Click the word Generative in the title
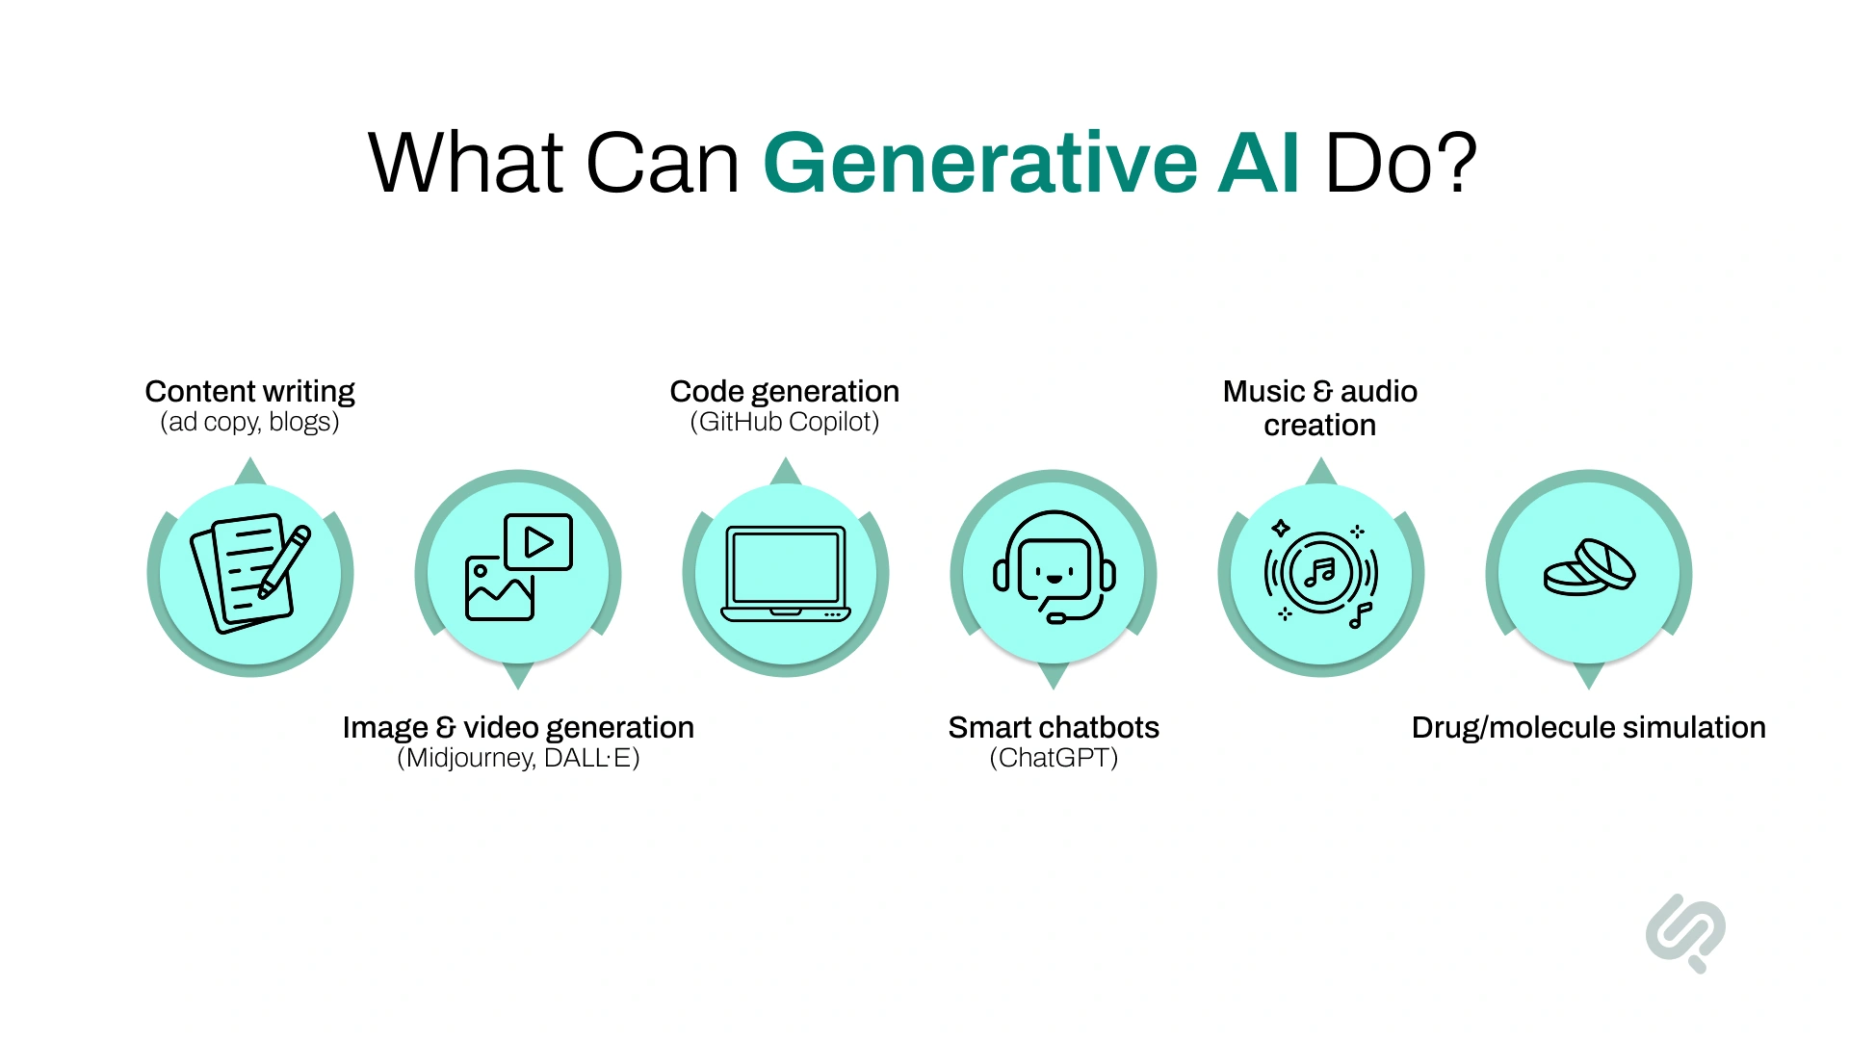979,164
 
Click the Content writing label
249,391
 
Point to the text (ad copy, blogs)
249,422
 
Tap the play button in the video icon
538,542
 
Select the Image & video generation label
518,727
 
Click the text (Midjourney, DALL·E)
518,758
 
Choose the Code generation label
784,391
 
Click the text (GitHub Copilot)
784,422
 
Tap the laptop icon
785,574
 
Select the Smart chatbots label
1054,727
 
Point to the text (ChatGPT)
1054,758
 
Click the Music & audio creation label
1319,407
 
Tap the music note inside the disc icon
1320,573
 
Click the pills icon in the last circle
1589,568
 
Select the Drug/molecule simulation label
1588,727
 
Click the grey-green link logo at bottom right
1685,932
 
